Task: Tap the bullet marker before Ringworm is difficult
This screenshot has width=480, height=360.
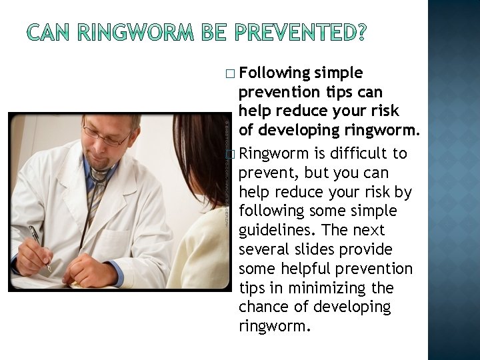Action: (230, 154)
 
